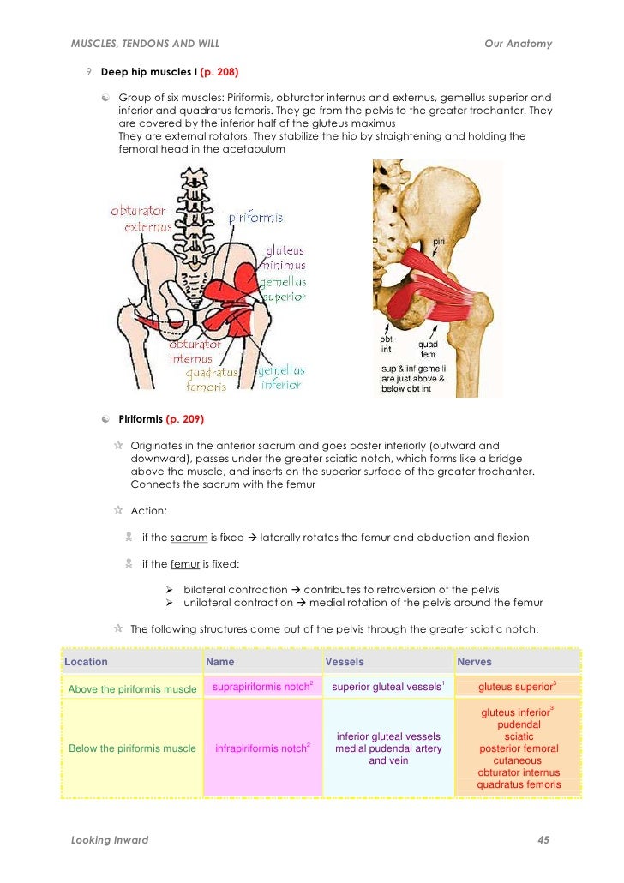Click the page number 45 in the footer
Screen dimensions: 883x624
[543, 840]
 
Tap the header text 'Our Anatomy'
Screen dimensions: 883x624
[518, 44]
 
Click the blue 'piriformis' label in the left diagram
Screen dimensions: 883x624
[255, 218]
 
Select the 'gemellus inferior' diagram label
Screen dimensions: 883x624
[281, 378]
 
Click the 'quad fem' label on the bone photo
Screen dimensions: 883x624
[428, 350]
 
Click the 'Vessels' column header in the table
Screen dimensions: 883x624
[345, 662]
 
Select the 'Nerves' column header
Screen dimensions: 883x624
[474, 662]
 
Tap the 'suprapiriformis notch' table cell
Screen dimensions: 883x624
[261, 687]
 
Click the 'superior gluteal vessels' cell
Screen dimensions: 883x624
[387, 687]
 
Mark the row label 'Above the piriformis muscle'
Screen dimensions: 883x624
[132, 688]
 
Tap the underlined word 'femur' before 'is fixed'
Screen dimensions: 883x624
[186, 564]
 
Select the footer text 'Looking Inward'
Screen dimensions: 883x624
[110, 840]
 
